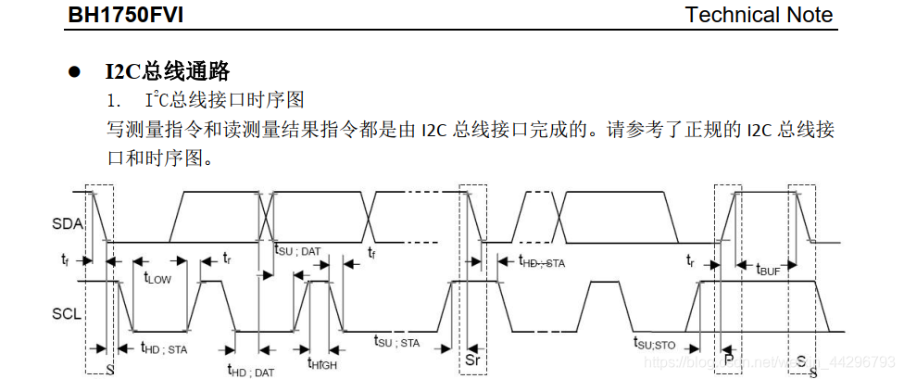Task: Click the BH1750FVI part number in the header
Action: click(x=135, y=15)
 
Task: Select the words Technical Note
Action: click(x=759, y=15)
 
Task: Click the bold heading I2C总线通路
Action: click(x=167, y=71)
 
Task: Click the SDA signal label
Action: click(x=68, y=223)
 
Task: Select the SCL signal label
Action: click(x=68, y=313)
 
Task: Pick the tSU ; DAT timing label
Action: click(x=297, y=249)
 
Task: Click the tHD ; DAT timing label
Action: click(x=251, y=371)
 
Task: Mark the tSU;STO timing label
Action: click(x=657, y=343)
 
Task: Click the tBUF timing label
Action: click(x=768, y=270)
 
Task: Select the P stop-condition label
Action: click(x=729, y=359)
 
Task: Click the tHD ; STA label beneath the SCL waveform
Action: click(x=164, y=348)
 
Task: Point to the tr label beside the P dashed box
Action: click(x=690, y=261)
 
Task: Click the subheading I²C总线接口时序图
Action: click(x=225, y=99)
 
